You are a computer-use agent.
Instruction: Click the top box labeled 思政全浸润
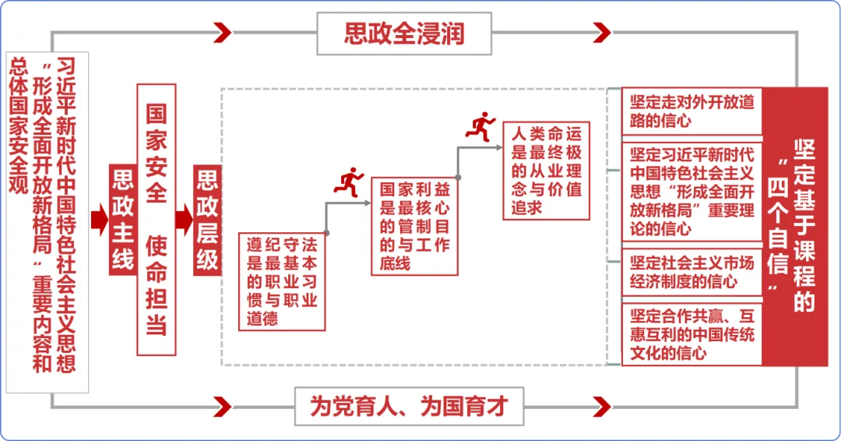coord(403,34)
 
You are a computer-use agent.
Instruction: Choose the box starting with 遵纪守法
coord(282,280)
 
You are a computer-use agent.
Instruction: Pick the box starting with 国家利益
coord(414,226)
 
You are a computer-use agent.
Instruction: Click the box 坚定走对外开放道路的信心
coord(691,112)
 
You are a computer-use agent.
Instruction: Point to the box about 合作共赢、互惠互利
coord(691,333)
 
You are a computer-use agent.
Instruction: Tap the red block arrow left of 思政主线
coord(99,220)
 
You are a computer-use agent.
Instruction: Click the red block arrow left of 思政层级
coord(183,220)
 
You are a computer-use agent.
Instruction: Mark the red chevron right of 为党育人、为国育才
coord(600,405)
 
